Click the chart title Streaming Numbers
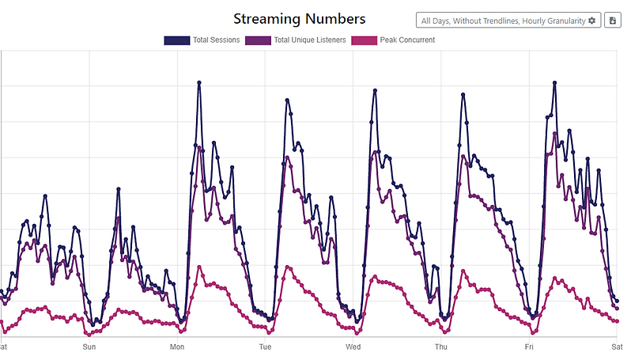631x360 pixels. pos(300,18)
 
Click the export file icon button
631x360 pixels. pos(612,21)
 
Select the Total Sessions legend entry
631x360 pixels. pos(202,40)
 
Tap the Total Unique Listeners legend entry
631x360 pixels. pos(296,40)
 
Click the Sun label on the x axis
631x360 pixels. pos(89,347)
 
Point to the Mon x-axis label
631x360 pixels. pos(177,347)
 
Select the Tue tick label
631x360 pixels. pos(265,347)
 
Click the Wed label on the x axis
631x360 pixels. pos(353,347)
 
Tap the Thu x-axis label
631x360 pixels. pos(441,347)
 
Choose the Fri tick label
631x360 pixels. pos(529,347)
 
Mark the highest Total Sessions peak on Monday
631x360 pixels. pos(199,82)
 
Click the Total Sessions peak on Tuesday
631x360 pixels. pos(287,100)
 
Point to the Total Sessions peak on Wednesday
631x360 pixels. pos(375,90)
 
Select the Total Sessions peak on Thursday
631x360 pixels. pos(463,94)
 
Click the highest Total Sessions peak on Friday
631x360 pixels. pos(555,82)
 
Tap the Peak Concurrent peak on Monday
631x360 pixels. pos(199,267)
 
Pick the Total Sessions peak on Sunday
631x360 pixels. pos(118,189)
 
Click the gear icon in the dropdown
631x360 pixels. pos(592,21)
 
